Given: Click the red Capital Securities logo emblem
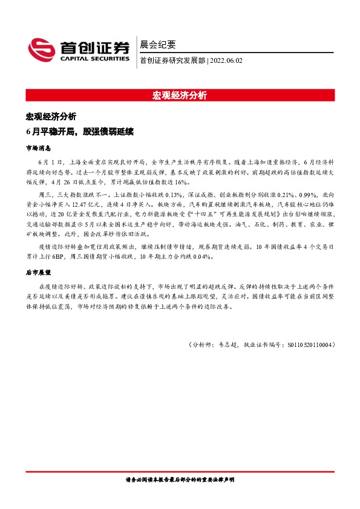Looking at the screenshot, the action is (x=43, y=50).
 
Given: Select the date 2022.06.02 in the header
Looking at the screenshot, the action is (x=226, y=60).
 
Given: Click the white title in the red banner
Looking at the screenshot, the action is (x=180, y=96).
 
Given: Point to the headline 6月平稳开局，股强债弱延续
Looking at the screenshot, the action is (x=79, y=131).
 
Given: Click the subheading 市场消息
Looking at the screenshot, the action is (x=38, y=148).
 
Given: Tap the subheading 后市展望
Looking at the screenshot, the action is (x=38, y=273).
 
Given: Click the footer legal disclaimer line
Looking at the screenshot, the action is (x=180, y=479).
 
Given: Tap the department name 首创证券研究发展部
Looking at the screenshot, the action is (x=172, y=60).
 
